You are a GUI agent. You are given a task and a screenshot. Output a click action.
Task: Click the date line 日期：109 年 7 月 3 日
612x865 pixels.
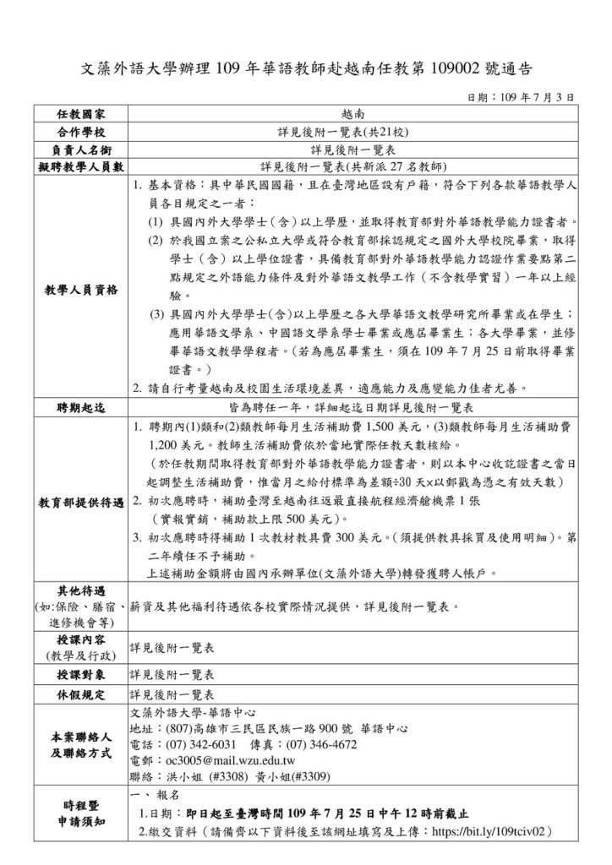tap(522, 98)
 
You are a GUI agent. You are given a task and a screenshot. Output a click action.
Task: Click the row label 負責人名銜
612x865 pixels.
tap(81, 149)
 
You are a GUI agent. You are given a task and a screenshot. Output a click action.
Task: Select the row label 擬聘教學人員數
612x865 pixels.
tap(81, 166)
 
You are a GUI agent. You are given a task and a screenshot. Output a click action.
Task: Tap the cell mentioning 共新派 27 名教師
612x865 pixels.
tap(352, 166)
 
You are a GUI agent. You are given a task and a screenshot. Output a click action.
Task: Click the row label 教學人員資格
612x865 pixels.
tap(81, 291)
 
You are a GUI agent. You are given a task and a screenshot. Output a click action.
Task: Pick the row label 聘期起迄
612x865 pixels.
tap(81, 407)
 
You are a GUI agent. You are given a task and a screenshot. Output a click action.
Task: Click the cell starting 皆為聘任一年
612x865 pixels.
tap(352, 407)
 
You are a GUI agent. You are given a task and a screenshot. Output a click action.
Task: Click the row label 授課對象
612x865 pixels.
tap(81, 675)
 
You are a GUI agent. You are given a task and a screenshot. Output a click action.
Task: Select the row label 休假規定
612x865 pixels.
tap(81, 694)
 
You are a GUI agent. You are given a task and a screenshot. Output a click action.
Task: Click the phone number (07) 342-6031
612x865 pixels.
tap(202, 744)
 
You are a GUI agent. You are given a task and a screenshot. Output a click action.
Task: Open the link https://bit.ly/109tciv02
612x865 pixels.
tap(493, 831)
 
